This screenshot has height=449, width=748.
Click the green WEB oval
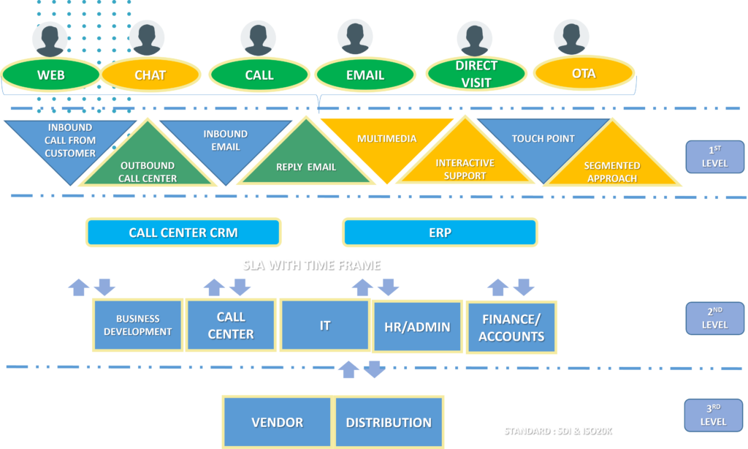pos(51,75)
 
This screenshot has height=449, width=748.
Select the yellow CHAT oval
pos(150,75)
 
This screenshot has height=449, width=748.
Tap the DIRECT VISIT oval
pos(476,74)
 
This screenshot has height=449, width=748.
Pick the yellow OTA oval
pos(584,73)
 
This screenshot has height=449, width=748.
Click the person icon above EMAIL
pos(355,36)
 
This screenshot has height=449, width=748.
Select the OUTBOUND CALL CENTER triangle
pos(148,165)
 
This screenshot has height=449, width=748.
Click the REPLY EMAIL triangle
pos(305,161)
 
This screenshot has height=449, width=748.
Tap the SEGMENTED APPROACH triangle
pos(611,167)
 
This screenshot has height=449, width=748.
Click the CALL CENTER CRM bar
pos(183,233)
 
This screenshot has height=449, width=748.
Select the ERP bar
pos(440,233)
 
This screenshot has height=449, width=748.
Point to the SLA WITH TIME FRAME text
pos(311,265)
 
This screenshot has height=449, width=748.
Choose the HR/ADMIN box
pos(418,327)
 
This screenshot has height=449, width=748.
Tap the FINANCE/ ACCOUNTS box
pos(511,327)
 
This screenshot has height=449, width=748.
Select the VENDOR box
pos(277,422)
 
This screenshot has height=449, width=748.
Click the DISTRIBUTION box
pos(389,422)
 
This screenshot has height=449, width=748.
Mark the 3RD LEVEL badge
pos(714,415)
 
